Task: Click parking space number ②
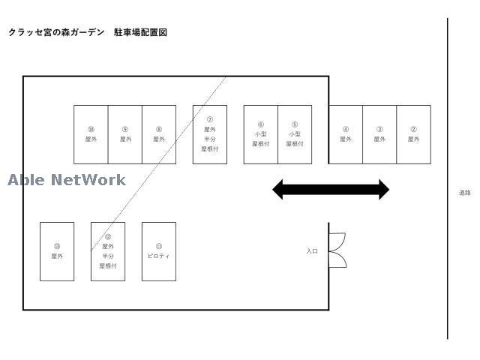click(413, 134)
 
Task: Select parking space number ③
click(379, 134)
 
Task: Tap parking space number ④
click(346, 134)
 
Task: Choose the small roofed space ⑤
click(295, 134)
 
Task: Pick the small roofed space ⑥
click(261, 134)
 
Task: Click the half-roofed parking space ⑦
click(210, 134)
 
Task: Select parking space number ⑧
click(159, 134)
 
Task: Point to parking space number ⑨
click(125, 134)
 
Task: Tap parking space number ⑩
click(91, 134)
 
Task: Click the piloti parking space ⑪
click(159, 251)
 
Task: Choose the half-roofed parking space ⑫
click(108, 251)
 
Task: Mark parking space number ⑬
click(57, 251)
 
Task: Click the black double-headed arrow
click(331, 190)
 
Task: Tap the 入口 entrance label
click(312, 251)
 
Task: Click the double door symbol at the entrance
click(337, 250)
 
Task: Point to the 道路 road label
click(465, 193)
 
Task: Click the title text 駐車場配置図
click(140, 33)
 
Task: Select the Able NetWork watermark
click(67, 180)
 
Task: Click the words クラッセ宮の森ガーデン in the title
click(56, 33)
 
